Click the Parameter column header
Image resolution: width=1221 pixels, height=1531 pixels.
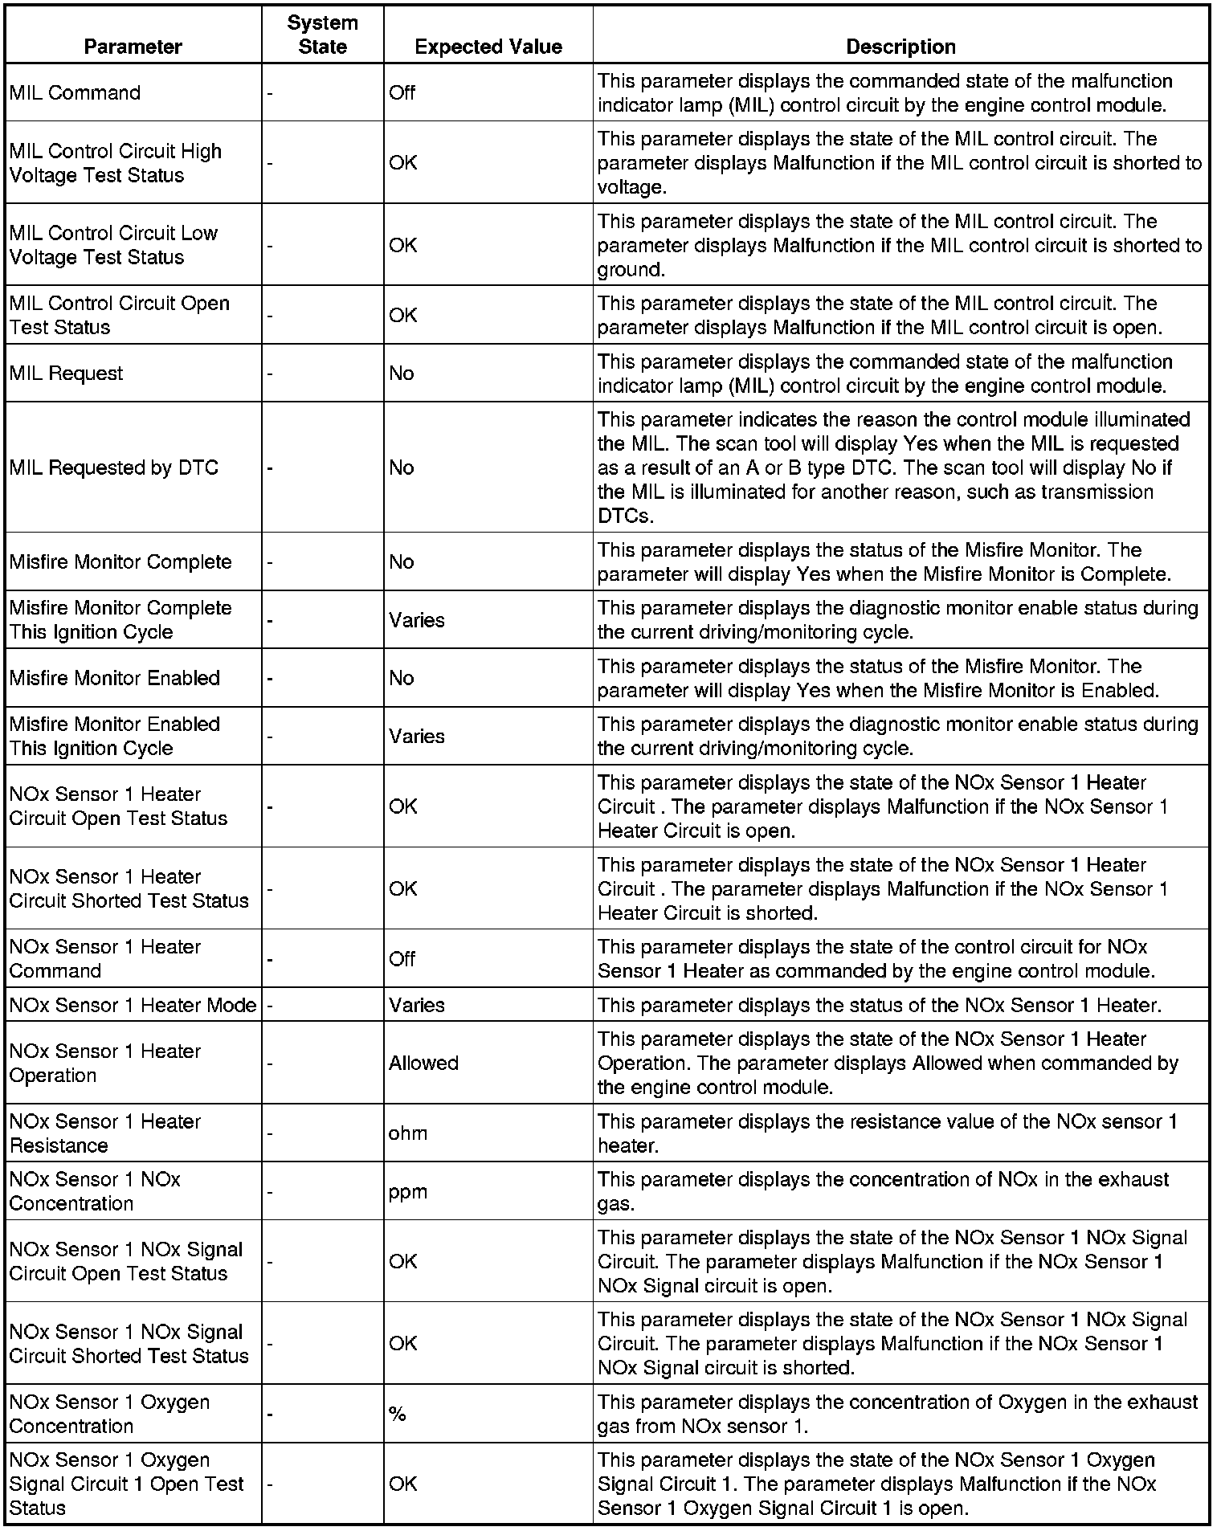pyautogui.click(x=133, y=47)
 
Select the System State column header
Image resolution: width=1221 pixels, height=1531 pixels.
pyautogui.click(x=322, y=35)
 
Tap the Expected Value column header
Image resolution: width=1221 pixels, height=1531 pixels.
pyautogui.click(x=488, y=47)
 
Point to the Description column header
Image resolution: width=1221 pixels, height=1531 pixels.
pyautogui.click(x=900, y=47)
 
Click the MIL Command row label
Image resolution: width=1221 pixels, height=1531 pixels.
pyautogui.click(x=75, y=92)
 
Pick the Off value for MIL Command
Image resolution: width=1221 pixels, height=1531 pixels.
pyautogui.click(x=402, y=92)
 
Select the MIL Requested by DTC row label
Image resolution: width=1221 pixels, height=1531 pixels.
pyautogui.click(x=113, y=467)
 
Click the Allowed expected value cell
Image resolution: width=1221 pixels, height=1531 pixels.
pyautogui.click(x=423, y=1063)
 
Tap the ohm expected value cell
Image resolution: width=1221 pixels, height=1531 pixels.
pyautogui.click(x=408, y=1133)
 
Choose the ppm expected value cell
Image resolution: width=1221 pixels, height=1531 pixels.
pyautogui.click(x=408, y=1191)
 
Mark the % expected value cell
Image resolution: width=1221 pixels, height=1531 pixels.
pyautogui.click(x=398, y=1414)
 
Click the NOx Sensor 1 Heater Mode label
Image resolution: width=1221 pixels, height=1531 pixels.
pyautogui.click(x=133, y=1005)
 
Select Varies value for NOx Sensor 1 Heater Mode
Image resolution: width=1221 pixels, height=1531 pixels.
pyautogui.click(x=416, y=1005)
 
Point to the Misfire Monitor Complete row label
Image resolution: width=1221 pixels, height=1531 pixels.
pyautogui.click(x=120, y=561)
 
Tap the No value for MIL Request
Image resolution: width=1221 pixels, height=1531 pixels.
pyautogui.click(x=401, y=373)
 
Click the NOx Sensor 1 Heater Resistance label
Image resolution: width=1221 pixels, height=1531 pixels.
pyautogui.click(x=104, y=1133)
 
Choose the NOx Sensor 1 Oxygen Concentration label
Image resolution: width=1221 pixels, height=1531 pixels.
pyautogui.click(x=109, y=1414)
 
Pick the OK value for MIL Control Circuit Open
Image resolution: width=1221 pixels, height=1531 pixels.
pyautogui.click(x=402, y=315)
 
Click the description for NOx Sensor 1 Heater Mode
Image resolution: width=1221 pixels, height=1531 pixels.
pyautogui.click(x=880, y=1005)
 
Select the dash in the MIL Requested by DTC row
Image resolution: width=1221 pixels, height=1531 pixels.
pyautogui.click(x=270, y=467)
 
